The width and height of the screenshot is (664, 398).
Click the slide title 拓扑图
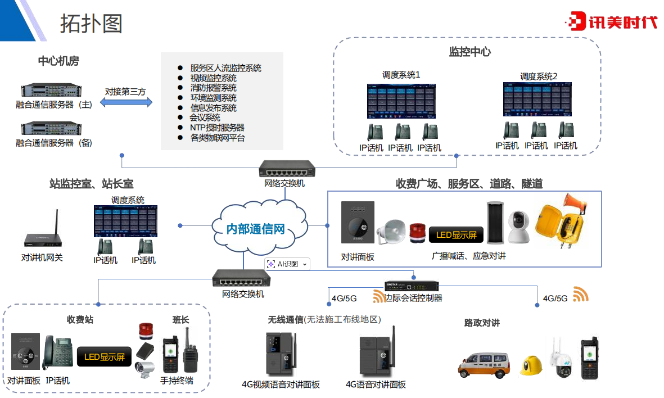pos(91,23)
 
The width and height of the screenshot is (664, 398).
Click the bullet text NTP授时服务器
pos(217,128)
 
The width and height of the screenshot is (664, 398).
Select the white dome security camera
pos(519,226)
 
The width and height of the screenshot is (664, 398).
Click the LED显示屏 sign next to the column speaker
pos(456,234)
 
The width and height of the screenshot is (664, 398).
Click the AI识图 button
pos(287,264)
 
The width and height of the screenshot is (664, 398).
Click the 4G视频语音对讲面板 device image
pos(281,354)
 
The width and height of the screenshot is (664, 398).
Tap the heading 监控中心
pos(469,52)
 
